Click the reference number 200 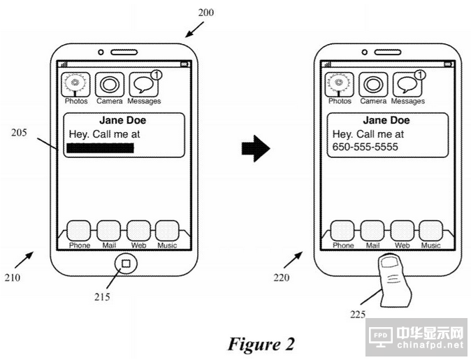pyautogui.click(x=206, y=13)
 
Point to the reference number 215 pyautogui.click(x=103, y=296)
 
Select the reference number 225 pyautogui.click(x=358, y=315)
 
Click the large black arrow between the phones pyautogui.click(x=255, y=148)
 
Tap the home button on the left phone pyautogui.click(x=125, y=264)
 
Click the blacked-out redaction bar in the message pyautogui.click(x=100, y=147)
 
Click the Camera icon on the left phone pyautogui.click(x=110, y=85)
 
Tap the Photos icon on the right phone pyautogui.click(x=339, y=85)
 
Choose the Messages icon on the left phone pyautogui.click(x=145, y=85)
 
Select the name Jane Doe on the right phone pyautogui.click(x=386, y=120)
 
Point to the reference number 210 pyautogui.click(x=12, y=278)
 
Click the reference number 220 pyautogui.click(x=282, y=278)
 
